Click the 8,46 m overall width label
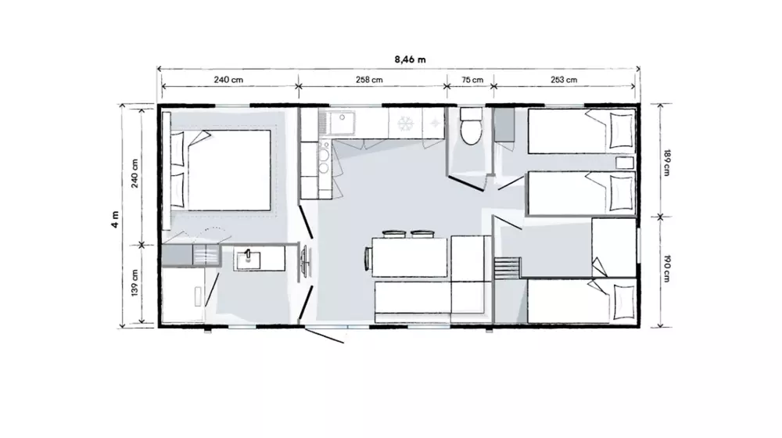click(x=410, y=59)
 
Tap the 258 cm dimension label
click(x=369, y=79)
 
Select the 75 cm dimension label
click(x=472, y=79)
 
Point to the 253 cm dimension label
click(x=564, y=79)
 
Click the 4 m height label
click(x=115, y=220)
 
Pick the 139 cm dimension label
click(x=135, y=283)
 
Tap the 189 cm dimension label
click(x=667, y=163)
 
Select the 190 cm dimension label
click(x=667, y=269)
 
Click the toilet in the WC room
click(x=471, y=125)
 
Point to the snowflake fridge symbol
click(x=405, y=123)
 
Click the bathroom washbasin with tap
click(x=248, y=260)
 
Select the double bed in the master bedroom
click(x=221, y=170)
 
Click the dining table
click(x=409, y=257)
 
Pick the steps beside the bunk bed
click(x=507, y=268)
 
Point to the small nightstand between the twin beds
click(x=624, y=163)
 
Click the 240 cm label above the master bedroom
click(x=228, y=79)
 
